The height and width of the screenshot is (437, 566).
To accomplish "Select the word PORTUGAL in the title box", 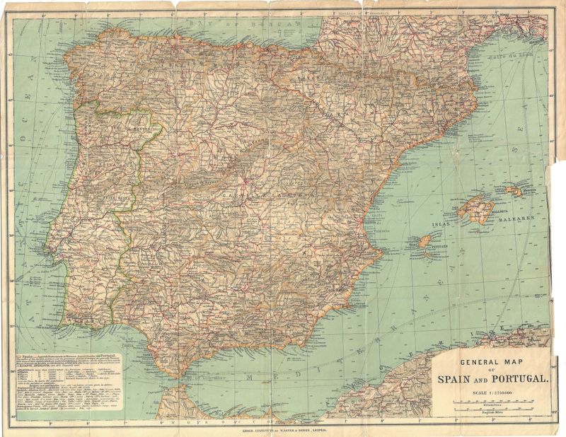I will point(521,380).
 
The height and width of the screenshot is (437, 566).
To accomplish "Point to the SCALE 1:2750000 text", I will point(491,392).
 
